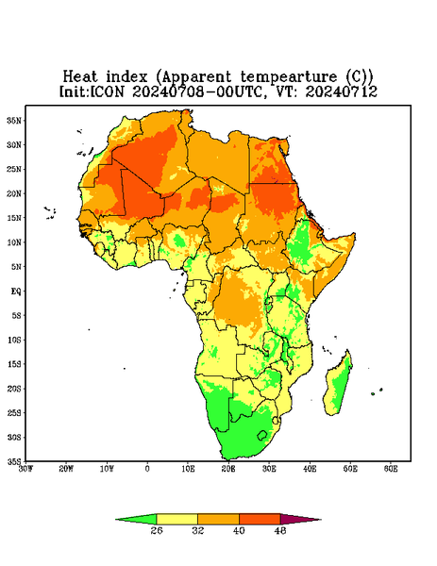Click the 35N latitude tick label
(x=14, y=121)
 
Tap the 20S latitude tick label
(x=14, y=389)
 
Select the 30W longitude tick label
(x=25, y=469)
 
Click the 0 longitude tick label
(x=147, y=469)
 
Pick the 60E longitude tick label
(x=391, y=469)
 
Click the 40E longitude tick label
(x=310, y=469)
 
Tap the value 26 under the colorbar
(x=157, y=530)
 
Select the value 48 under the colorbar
(x=280, y=530)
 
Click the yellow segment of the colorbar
(x=176, y=520)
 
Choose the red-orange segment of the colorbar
(x=260, y=520)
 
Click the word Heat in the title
(x=80, y=76)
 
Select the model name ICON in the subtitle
(x=107, y=92)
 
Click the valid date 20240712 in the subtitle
(x=342, y=92)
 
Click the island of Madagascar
(x=339, y=385)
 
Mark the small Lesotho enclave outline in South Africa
(x=261, y=435)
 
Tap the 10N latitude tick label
(x=14, y=242)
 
